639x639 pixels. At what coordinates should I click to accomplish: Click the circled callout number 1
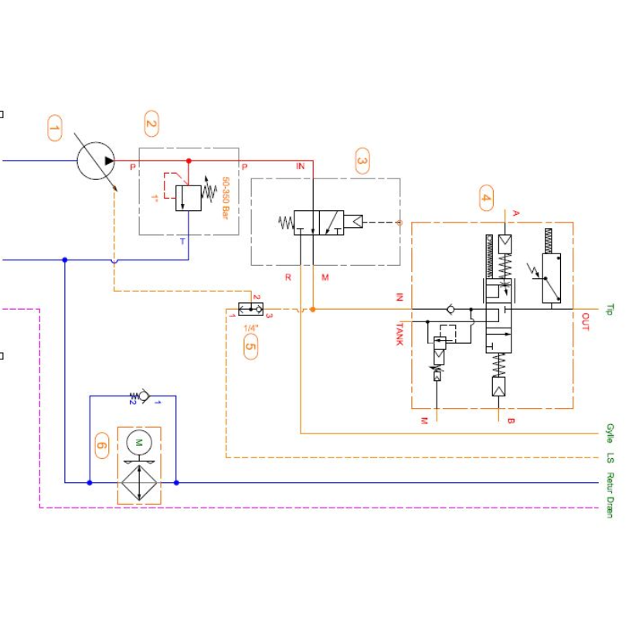coord(54,128)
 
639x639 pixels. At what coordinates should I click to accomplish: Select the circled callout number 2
coord(151,124)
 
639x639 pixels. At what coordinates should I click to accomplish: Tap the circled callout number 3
coord(362,161)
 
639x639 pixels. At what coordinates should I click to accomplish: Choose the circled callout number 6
coord(102,445)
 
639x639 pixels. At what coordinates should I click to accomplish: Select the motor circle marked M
coord(139,443)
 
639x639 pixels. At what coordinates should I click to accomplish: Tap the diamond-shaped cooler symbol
coord(139,483)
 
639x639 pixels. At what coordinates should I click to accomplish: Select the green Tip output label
coord(610,309)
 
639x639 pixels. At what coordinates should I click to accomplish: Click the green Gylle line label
coord(610,433)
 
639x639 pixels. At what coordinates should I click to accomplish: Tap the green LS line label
coord(610,457)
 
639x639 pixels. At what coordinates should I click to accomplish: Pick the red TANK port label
coord(399,333)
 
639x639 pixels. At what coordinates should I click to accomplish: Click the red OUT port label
coord(584,321)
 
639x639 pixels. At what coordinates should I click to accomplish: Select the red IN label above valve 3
coord(301,166)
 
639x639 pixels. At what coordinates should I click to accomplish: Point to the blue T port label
coord(182,241)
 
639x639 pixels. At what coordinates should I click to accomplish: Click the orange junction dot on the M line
coord(313,309)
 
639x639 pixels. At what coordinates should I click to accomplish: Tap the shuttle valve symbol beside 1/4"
coord(250,309)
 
